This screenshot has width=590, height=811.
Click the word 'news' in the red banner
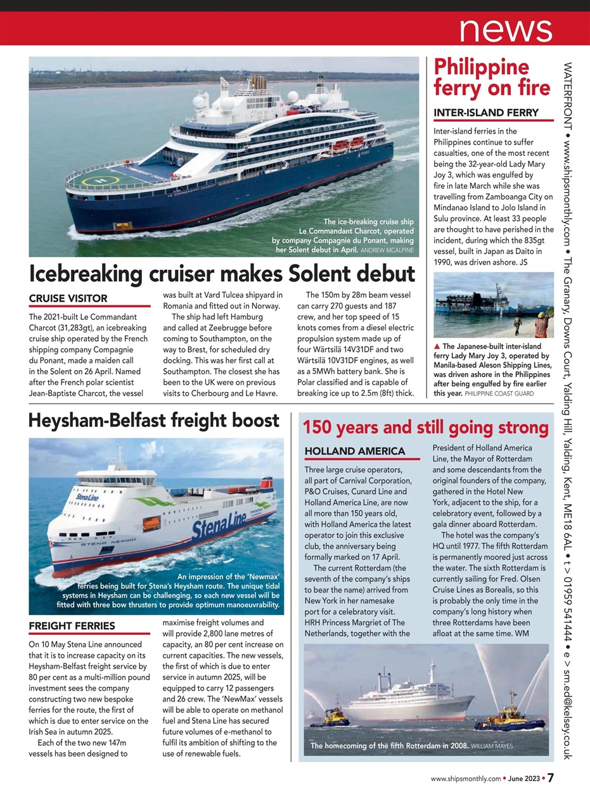pyautogui.click(x=506, y=29)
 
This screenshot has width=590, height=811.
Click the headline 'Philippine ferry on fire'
pyautogui.click(x=492, y=78)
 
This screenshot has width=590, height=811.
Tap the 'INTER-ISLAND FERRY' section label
pyautogui.click(x=485, y=113)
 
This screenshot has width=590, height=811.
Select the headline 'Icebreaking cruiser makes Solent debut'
pyautogui.click(x=222, y=274)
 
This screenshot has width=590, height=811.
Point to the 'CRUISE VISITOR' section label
pyautogui.click(x=69, y=298)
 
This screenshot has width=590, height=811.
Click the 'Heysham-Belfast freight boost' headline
pyautogui.click(x=154, y=421)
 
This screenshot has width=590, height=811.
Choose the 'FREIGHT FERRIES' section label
pyautogui.click(x=72, y=626)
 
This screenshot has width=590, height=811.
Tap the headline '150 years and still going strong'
pyautogui.click(x=425, y=428)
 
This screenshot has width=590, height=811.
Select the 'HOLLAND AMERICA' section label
pyautogui.click(x=354, y=451)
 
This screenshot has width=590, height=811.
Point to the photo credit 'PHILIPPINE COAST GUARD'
pyautogui.click(x=500, y=393)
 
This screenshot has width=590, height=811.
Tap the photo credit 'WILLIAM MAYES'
pyautogui.click(x=492, y=746)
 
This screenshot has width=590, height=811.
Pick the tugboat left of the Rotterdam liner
pyautogui.click(x=329, y=718)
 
